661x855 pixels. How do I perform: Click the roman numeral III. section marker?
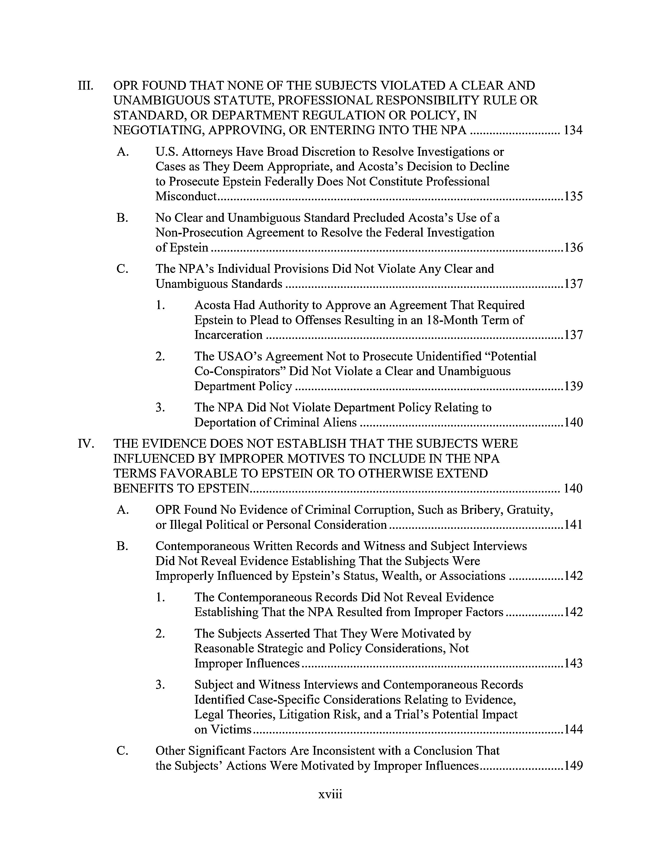click(86, 85)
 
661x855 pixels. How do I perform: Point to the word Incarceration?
click(228, 335)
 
